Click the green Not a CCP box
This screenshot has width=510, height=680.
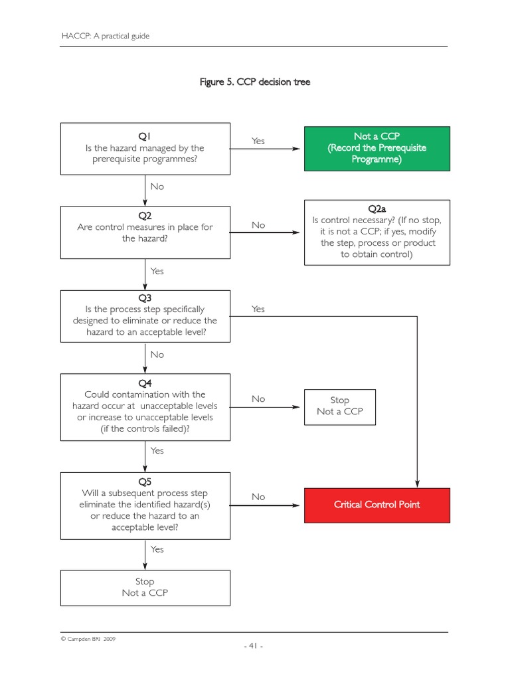tap(377, 148)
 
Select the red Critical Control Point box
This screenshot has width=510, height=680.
tap(377, 505)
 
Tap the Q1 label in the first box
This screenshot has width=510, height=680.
tap(145, 136)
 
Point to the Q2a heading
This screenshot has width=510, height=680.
tap(377, 209)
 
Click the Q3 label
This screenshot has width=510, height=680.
tap(145, 298)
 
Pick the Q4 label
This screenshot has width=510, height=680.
tap(145, 383)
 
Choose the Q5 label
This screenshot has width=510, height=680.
tap(145, 481)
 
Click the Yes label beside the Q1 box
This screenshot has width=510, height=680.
tap(258, 141)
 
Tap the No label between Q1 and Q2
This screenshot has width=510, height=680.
tap(157, 187)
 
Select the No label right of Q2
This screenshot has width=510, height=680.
tap(258, 225)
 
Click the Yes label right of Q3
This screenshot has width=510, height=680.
tap(258, 309)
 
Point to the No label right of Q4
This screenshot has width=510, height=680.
tap(258, 398)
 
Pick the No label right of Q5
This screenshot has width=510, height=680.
tap(258, 497)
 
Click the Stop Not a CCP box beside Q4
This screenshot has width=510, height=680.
tap(339, 406)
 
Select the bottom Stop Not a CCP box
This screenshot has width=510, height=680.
tap(145, 587)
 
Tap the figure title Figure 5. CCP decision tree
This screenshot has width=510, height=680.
tap(255, 82)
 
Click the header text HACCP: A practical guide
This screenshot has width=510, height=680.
tap(106, 36)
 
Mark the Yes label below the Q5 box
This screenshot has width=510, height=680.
tap(157, 549)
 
